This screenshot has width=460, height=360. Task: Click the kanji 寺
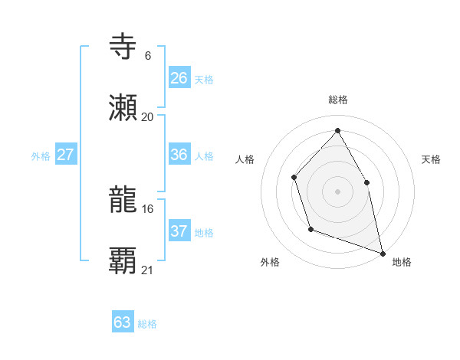point(123,46)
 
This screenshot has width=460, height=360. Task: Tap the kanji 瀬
point(123,108)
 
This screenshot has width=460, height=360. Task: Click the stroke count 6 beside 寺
point(147,55)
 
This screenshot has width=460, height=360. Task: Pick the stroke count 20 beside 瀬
point(147,116)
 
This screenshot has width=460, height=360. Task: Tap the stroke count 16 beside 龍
point(147,208)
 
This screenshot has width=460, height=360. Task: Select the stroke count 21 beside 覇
point(147,270)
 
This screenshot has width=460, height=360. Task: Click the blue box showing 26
point(179,77)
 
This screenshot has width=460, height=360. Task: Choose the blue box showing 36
point(179,155)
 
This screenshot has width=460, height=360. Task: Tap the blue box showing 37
point(179,231)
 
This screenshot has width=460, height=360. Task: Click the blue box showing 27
point(66,155)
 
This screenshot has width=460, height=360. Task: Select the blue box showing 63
point(123,322)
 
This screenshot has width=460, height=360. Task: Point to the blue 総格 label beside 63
point(147,324)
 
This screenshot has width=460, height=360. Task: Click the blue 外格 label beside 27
point(41,156)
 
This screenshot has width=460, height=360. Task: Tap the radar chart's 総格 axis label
point(337,100)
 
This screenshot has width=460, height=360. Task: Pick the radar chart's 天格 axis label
point(431,159)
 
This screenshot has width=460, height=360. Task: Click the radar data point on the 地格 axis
point(383,252)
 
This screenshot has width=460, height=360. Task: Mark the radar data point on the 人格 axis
point(294,178)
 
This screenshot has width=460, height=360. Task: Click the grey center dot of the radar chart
point(337,191)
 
